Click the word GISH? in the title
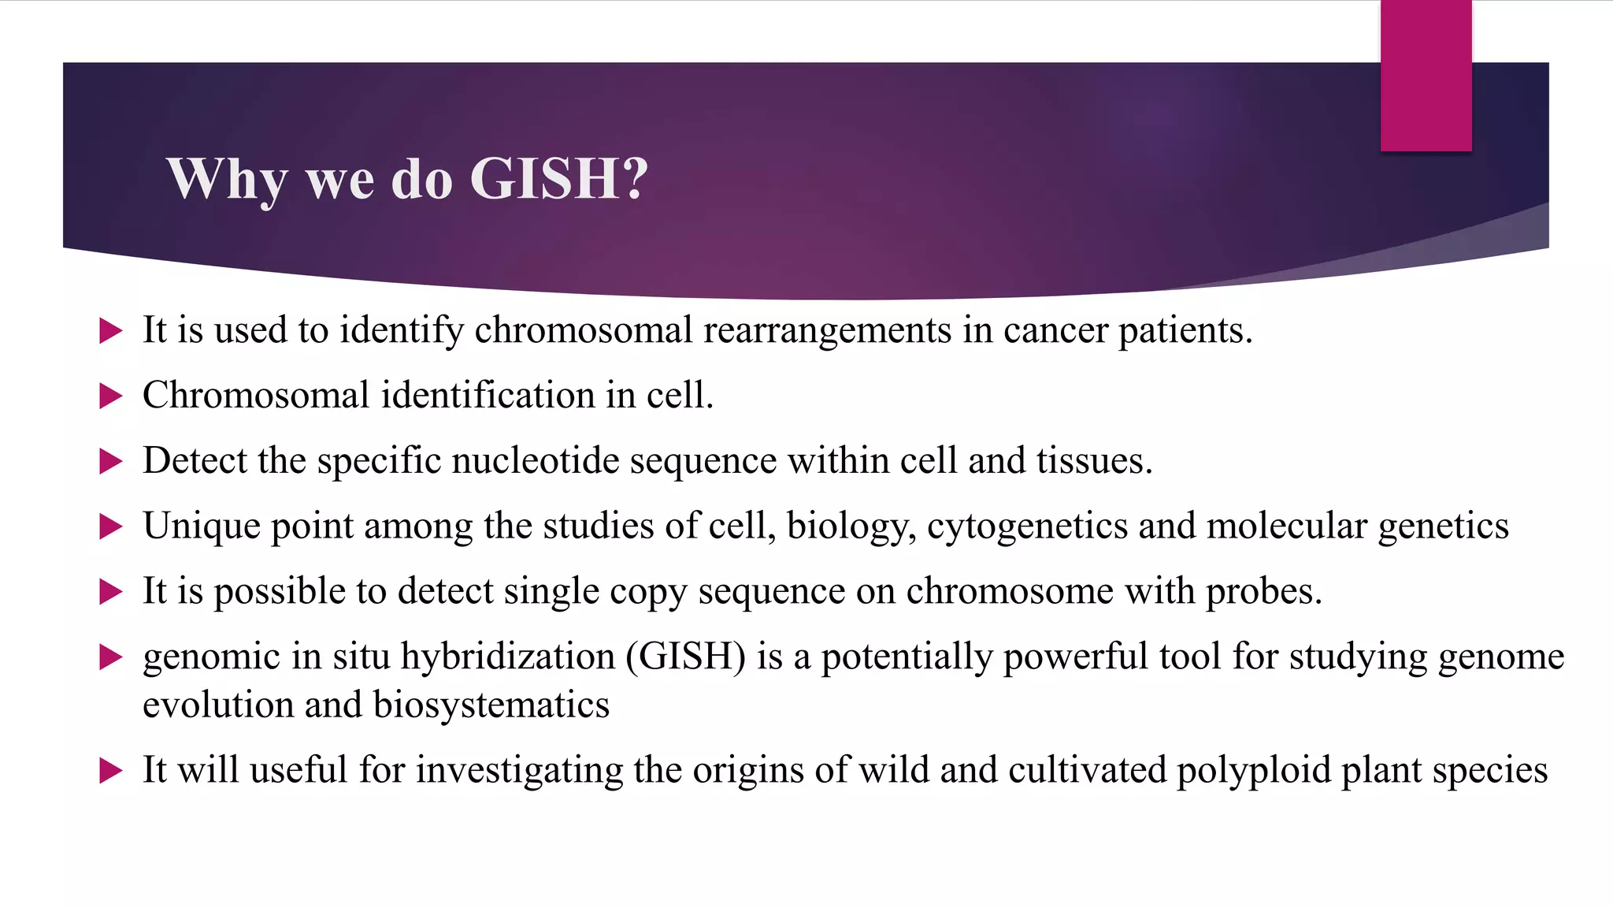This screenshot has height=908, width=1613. point(558,179)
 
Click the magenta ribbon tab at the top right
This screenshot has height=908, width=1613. point(1426,76)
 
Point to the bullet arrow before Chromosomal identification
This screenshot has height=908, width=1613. point(111,396)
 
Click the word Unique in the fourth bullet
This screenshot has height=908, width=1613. point(201,527)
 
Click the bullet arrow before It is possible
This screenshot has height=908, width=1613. point(111,593)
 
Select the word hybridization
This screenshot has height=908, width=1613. point(507,657)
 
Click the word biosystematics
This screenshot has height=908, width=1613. point(491,705)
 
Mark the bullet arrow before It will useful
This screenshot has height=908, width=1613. point(111,771)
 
